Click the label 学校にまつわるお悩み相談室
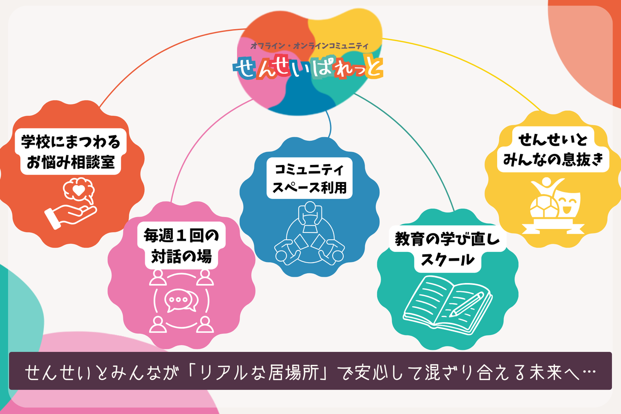tap(70, 152)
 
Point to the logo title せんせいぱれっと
tap(308, 68)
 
